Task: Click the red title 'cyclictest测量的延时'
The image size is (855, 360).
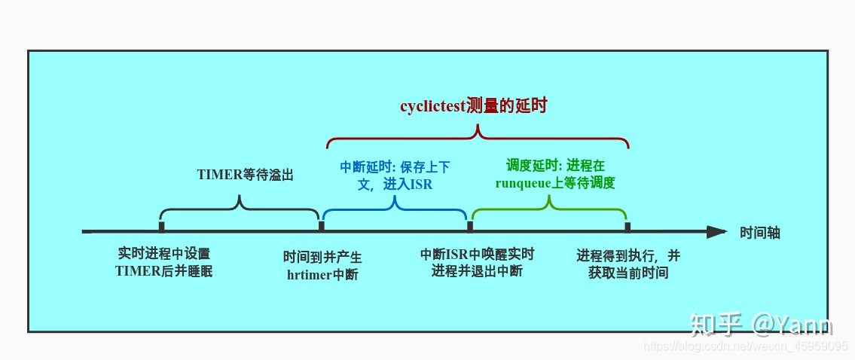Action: coord(473,106)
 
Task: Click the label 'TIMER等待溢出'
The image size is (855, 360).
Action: coord(245,175)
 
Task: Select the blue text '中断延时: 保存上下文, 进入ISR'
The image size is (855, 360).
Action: coord(394,174)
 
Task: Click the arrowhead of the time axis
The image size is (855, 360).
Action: coord(716,232)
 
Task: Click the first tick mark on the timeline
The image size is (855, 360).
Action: coord(162,226)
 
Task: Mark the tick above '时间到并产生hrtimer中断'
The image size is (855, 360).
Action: coord(322,226)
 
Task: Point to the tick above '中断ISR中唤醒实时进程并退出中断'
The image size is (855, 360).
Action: coord(471,226)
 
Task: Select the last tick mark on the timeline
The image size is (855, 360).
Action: coord(628,226)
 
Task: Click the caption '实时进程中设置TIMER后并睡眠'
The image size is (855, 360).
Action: coord(164,262)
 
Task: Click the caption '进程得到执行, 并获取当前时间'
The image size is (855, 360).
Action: coord(628,264)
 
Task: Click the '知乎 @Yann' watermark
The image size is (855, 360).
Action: coord(761,324)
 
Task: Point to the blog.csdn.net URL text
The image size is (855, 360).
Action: coord(746,346)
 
